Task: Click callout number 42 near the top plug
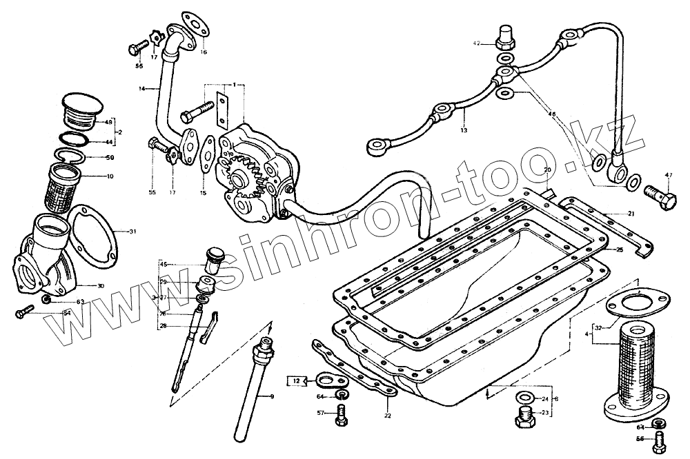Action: click(x=475, y=43)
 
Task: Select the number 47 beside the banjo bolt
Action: click(x=667, y=175)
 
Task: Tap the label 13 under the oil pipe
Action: click(x=464, y=130)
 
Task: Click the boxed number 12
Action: click(x=295, y=381)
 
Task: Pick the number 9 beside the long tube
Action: click(x=272, y=396)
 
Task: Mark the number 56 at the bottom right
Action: click(x=640, y=439)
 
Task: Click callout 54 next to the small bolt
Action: click(x=67, y=314)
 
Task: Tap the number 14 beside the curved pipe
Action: click(x=141, y=89)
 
